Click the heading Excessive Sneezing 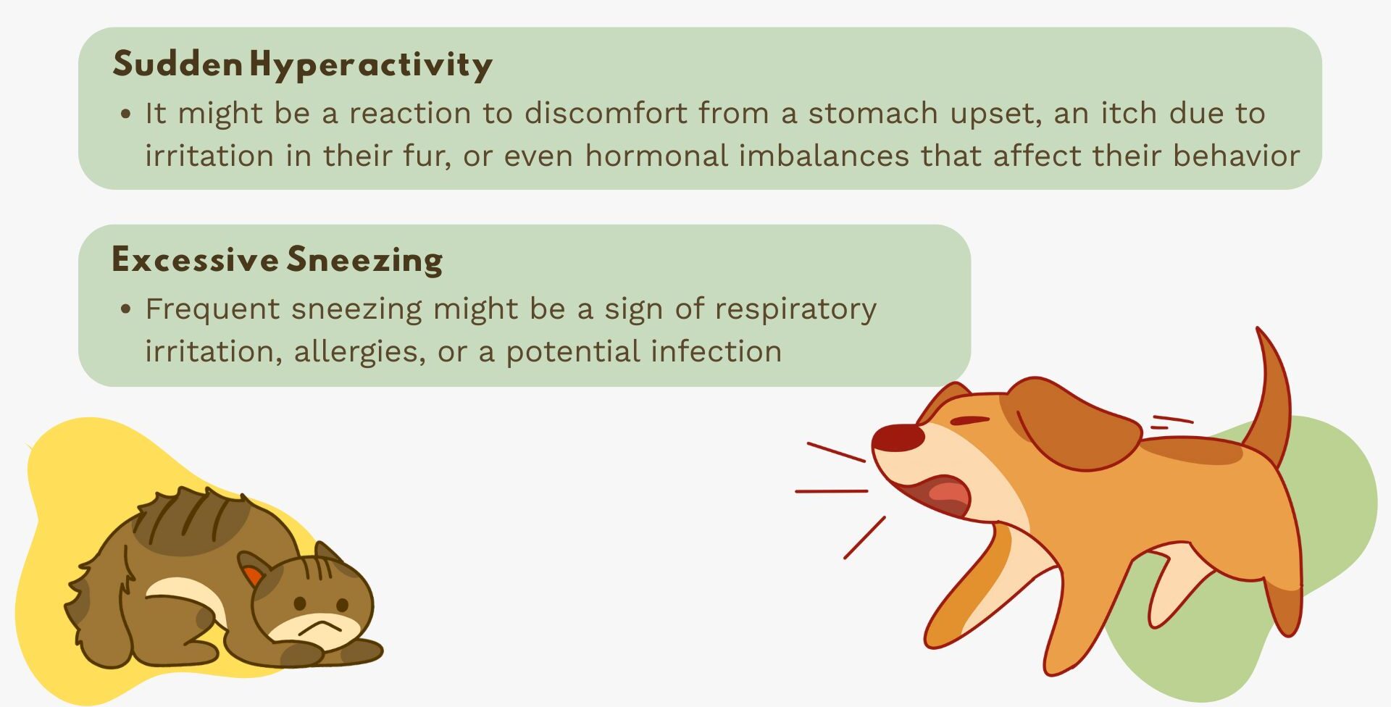277,260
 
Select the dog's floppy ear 1073,423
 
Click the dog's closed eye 969,421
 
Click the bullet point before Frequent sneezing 126,309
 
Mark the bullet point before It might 126,114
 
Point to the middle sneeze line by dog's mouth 832,491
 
